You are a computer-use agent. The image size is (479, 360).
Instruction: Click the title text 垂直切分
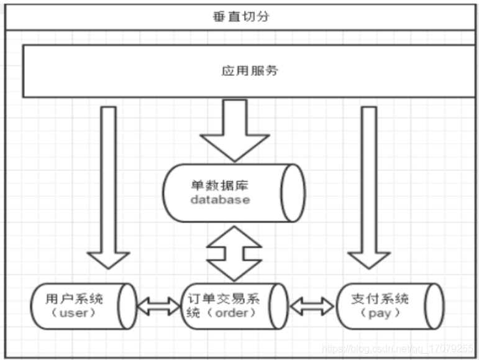point(240,17)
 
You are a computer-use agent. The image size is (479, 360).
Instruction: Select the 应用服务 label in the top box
point(250,70)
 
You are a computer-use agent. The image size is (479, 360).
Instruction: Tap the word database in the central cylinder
point(220,200)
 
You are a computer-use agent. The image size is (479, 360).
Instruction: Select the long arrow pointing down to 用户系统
point(109,187)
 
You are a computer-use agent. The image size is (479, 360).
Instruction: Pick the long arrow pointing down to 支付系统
point(369,187)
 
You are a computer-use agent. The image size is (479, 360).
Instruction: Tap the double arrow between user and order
point(158,305)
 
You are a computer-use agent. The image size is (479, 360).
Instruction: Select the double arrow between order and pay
point(312,305)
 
